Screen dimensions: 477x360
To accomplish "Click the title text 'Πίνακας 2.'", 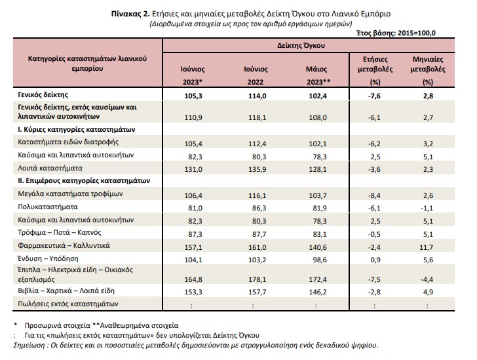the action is pos(130,14).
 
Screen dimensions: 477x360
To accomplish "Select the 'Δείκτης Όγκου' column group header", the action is pos(301,46).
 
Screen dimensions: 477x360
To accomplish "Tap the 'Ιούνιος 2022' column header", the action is pos(256,75).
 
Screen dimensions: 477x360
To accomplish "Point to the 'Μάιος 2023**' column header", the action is pos(318,75).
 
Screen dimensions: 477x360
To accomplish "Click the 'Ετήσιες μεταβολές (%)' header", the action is pos(375,71).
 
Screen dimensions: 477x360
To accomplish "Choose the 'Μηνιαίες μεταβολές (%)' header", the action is pos(428,71).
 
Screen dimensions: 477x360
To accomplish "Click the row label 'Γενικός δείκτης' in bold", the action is pos(43,95).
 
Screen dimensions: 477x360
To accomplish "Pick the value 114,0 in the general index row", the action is pos(258,96).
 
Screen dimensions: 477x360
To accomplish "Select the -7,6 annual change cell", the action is pos(374,96).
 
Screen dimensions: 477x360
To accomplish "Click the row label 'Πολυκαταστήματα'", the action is pos(48,207).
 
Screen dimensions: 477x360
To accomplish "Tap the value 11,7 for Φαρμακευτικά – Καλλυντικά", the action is pos(426,247).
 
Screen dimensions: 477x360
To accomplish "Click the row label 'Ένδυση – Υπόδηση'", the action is pos(48,259).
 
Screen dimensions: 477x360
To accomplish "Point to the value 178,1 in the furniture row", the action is pos(258,279).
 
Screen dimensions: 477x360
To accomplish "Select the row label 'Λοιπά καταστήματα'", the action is pos(50,168).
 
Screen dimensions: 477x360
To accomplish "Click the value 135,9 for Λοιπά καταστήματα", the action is pos(258,169).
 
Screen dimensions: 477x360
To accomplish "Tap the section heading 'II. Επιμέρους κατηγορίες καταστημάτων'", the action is pos(84,181).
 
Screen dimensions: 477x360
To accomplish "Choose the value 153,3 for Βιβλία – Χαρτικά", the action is pos(193,292).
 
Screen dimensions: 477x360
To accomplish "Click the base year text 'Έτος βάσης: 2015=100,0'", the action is pos(396,33).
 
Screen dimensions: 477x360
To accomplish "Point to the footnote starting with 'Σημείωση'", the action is pos(196,346).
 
